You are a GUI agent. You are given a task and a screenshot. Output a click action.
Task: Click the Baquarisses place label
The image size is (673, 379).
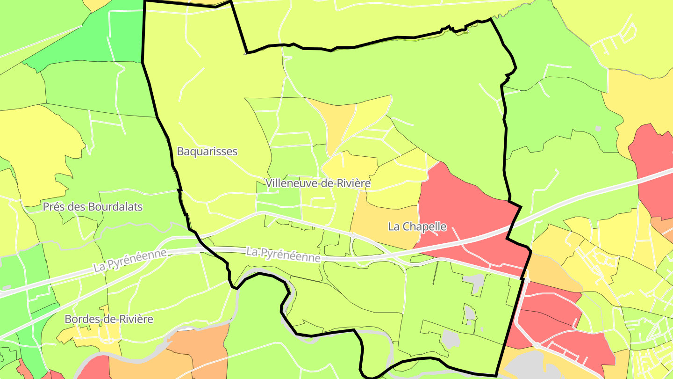click(x=207, y=152)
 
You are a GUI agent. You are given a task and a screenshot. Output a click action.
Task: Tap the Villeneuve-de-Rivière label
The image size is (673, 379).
click(x=318, y=183)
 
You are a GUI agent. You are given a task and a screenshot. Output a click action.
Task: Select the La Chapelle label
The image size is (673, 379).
click(x=417, y=227)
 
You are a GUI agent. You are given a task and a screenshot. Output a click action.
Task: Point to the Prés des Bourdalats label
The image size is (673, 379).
click(x=93, y=207)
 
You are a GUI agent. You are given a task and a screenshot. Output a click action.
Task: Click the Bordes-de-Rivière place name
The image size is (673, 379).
click(x=109, y=320)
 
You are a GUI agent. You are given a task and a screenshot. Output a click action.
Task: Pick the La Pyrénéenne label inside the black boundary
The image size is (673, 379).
click(x=283, y=255)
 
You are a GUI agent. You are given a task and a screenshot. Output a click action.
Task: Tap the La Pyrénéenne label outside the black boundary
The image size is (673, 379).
click(x=130, y=261)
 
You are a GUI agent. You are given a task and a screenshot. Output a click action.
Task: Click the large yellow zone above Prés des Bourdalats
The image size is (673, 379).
click(x=37, y=150)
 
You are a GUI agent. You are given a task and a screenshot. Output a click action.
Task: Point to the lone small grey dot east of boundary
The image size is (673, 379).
click(x=598, y=128)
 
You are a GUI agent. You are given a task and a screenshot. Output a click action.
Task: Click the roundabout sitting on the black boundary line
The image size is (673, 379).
click(x=527, y=280)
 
